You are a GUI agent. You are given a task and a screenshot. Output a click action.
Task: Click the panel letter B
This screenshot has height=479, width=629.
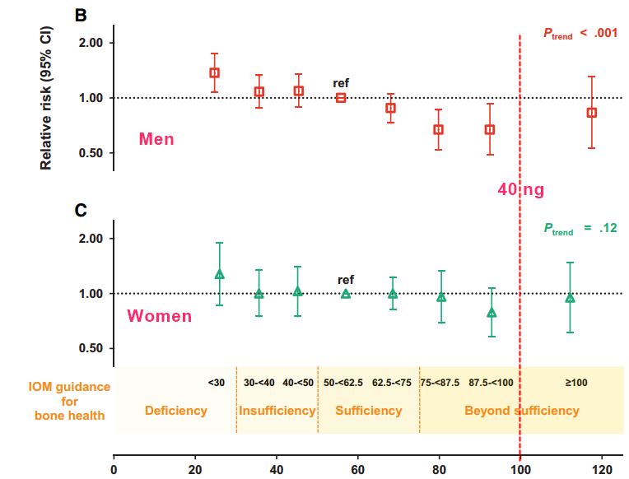click(82, 15)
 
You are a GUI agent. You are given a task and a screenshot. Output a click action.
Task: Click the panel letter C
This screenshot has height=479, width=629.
click(82, 211)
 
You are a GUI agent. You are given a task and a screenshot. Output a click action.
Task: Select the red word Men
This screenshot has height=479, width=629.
click(156, 139)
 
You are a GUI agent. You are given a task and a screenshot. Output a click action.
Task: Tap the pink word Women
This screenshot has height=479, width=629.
click(160, 316)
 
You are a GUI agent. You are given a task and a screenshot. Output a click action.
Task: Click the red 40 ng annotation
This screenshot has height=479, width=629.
click(520, 190)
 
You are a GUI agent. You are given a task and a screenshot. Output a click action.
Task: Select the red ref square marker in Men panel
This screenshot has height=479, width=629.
click(341, 98)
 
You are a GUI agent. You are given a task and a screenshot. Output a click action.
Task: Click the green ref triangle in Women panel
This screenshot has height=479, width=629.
click(346, 293)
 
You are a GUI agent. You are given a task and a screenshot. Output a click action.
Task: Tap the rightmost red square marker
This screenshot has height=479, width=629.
click(591, 113)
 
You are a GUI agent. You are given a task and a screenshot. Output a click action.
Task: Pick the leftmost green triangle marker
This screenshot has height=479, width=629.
click(219, 274)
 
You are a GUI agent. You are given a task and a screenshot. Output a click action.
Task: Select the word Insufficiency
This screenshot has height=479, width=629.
click(277, 410)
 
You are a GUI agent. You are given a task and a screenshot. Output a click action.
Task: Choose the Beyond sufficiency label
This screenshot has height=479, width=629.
click(522, 410)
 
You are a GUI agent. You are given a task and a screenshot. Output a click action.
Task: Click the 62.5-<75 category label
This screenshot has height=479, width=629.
click(394, 383)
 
